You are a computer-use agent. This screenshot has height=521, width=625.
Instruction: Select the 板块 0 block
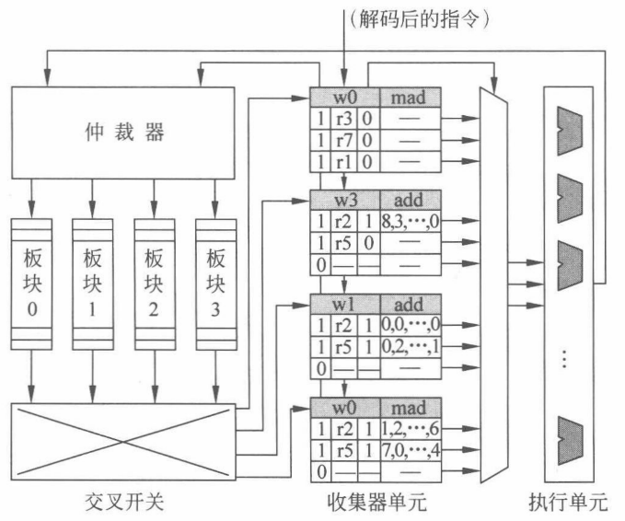click(x=31, y=284)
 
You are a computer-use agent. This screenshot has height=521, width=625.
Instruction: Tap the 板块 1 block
click(x=92, y=284)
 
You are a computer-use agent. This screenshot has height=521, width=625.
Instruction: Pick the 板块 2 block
click(x=154, y=284)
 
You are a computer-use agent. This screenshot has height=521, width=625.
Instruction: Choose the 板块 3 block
click(x=215, y=284)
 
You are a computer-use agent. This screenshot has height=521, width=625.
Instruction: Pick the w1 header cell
click(x=346, y=305)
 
